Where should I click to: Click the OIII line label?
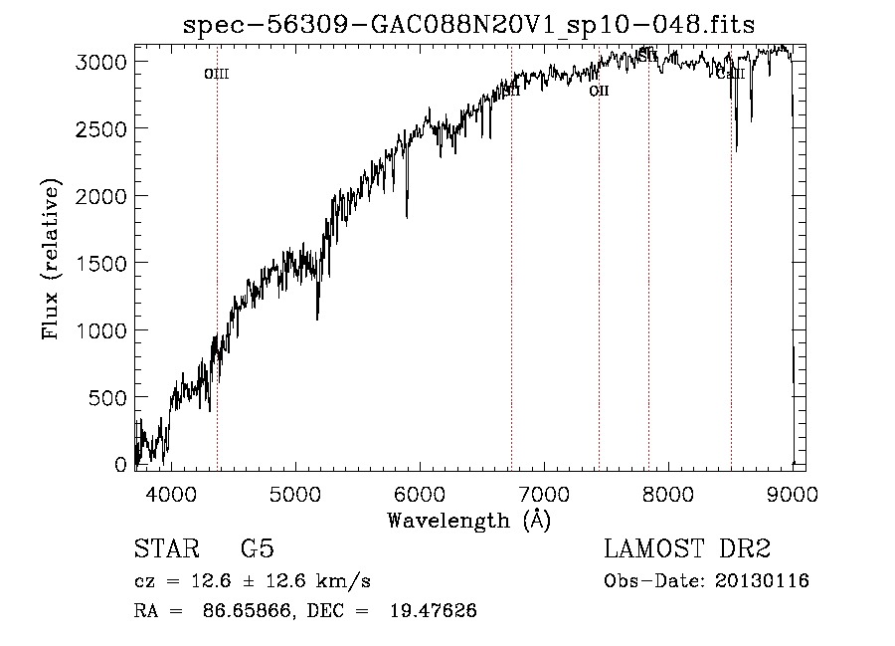217,74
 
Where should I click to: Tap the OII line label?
599,91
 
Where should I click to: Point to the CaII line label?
731,74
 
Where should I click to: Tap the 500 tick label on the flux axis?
106,397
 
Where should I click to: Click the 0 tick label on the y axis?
121,465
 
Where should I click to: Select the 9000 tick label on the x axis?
793,492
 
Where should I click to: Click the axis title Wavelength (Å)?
468,520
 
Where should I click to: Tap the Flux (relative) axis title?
51,259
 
